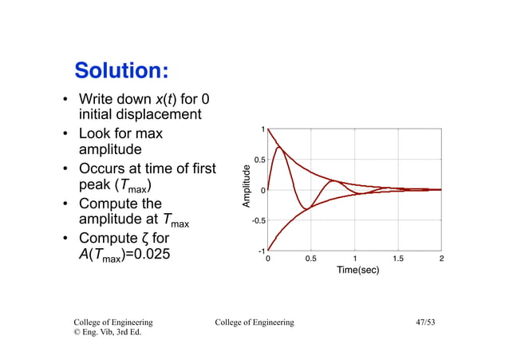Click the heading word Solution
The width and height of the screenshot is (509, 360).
[120, 70]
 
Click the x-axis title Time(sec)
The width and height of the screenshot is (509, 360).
[357, 270]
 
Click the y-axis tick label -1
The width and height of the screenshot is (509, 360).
[260, 251]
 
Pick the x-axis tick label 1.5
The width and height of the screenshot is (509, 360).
[398, 259]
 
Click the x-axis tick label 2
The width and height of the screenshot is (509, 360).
[441, 259]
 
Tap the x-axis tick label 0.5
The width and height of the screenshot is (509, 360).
[311, 259]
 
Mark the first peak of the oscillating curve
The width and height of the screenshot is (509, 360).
[278, 147]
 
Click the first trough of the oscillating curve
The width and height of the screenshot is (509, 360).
[304, 209]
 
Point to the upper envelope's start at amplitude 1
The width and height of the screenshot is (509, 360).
[268, 129]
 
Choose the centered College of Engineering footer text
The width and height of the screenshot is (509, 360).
[254, 322]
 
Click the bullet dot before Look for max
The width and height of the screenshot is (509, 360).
[65, 134]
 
